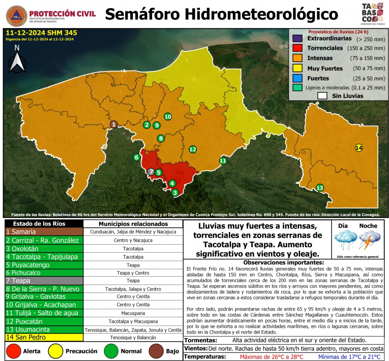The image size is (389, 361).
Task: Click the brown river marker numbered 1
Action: pos(114,124)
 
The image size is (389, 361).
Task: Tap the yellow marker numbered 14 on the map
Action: pos(359,148)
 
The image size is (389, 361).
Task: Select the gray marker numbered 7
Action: pos(151,172)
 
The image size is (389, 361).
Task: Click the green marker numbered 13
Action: pos(320,188)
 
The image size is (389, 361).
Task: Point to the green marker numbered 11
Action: pos(223,161)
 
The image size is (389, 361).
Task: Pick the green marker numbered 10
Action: pos(168,117)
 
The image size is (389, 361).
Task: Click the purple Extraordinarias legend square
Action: pos(297,39)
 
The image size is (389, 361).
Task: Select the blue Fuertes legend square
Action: pos(297,78)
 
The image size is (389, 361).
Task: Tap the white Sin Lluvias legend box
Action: pos(322,96)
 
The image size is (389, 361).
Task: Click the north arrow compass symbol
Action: pos(17,60)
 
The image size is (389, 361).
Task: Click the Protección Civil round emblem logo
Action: pos(15,15)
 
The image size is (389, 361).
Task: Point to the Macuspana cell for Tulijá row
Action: pos(133,313)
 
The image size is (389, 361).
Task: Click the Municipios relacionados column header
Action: pos(133,224)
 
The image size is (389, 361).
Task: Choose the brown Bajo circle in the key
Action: pos(155,351)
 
